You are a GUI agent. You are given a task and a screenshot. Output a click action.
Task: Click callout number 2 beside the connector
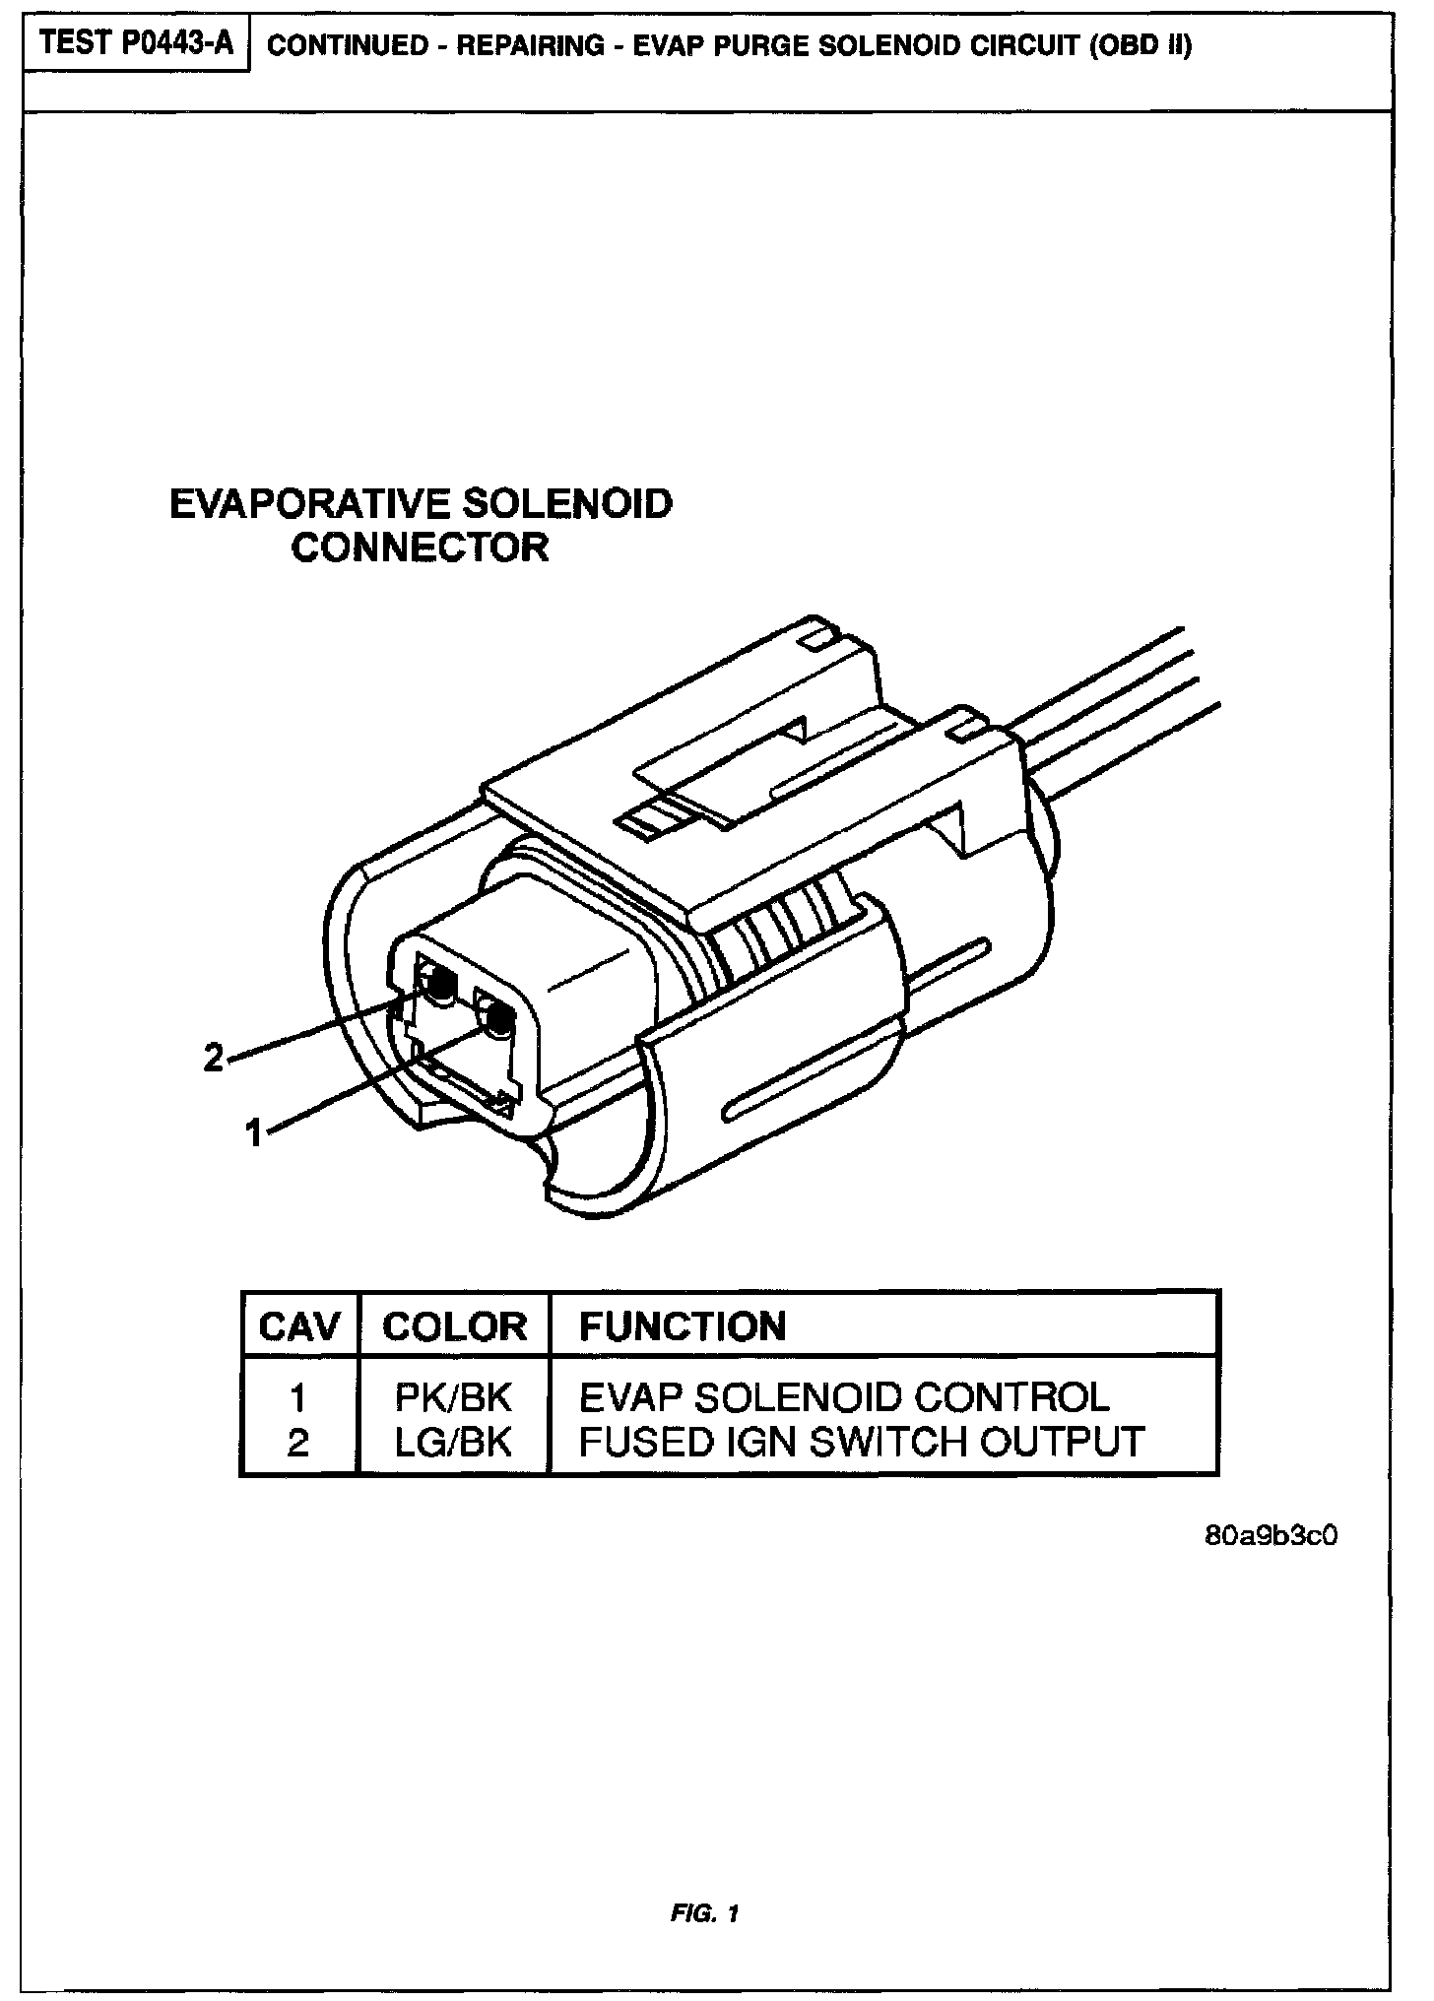(x=213, y=1059)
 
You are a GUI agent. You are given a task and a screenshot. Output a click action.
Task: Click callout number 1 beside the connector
(x=254, y=1133)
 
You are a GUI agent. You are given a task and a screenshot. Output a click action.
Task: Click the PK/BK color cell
(x=454, y=1397)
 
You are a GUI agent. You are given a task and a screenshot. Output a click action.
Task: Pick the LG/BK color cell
(x=454, y=1442)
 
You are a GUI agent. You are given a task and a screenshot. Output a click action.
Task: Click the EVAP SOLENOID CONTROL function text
(x=844, y=1397)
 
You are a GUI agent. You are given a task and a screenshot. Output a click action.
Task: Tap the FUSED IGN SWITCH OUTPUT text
(x=862, y=1442)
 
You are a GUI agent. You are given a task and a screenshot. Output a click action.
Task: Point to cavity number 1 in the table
(x=298, y=1398)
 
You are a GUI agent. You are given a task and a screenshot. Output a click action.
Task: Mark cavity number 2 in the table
(x=298, y=1443)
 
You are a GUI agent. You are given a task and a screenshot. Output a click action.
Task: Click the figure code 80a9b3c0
(x=1271, y=1535)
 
